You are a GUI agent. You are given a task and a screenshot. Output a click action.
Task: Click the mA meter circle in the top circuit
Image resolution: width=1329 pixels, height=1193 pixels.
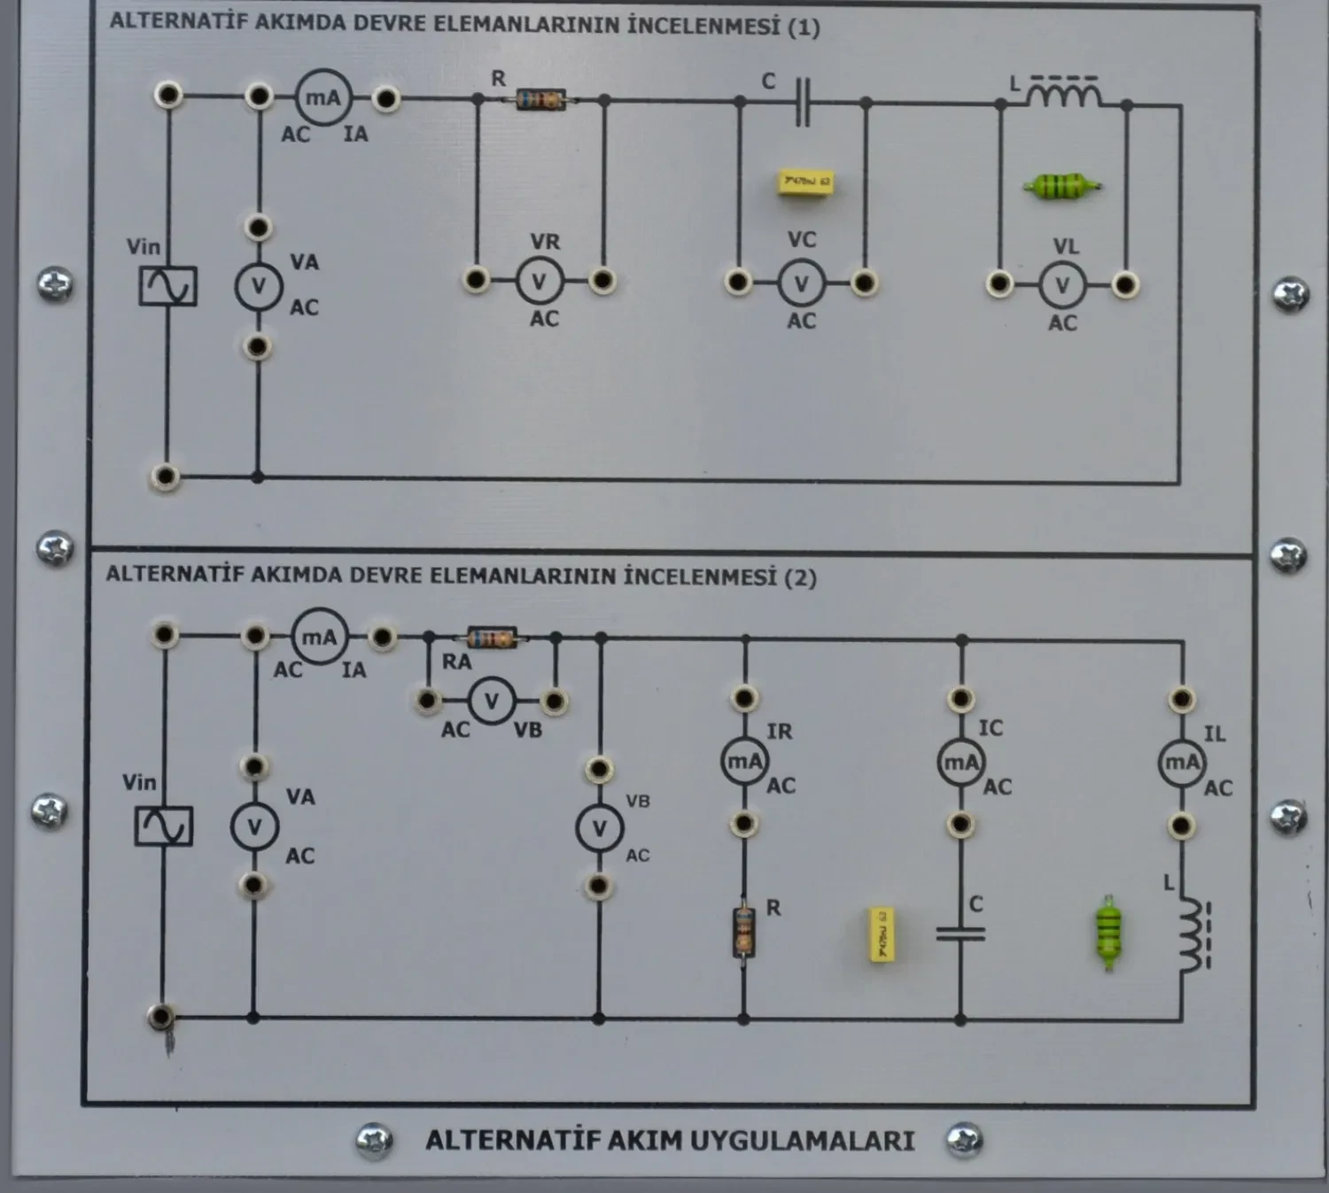point(323,97)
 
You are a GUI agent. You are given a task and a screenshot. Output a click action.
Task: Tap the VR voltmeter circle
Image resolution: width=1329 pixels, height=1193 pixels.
point(539,282)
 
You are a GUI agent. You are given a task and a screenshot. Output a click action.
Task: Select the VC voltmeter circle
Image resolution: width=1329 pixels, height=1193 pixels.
point(801,283)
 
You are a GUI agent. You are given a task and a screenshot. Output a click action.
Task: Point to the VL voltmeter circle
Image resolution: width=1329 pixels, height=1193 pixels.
point(1062,285)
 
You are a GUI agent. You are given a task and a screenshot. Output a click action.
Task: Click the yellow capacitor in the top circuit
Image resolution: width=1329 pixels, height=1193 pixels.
point(804,182)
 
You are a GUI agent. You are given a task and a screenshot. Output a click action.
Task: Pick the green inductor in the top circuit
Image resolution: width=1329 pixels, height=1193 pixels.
point(1061,186)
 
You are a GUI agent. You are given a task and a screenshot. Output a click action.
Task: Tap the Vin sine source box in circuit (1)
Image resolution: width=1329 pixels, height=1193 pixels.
point(167,286)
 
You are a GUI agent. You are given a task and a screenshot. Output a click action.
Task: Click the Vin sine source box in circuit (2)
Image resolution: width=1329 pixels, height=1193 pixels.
point(163,825)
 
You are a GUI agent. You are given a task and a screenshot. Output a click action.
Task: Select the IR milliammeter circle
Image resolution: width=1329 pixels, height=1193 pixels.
point(743,762)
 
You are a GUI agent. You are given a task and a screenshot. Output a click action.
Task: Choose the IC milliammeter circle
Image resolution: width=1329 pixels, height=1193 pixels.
point(960,762)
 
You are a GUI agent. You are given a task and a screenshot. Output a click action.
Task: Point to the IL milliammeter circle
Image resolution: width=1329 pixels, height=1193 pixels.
point(1181,763)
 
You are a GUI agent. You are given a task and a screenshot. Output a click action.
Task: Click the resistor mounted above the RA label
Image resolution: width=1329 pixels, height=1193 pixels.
point(492,638)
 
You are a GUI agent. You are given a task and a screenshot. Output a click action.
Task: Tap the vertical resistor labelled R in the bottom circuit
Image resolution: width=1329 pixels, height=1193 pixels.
point(743,933)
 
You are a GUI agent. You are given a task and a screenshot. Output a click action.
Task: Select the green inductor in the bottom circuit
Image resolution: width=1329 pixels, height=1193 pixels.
point(1108,933)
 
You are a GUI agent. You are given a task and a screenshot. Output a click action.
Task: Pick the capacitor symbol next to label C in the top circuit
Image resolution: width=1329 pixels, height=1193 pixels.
point(802,103)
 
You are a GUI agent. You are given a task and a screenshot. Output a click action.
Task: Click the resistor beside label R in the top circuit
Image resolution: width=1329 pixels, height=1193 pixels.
point(540,99)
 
